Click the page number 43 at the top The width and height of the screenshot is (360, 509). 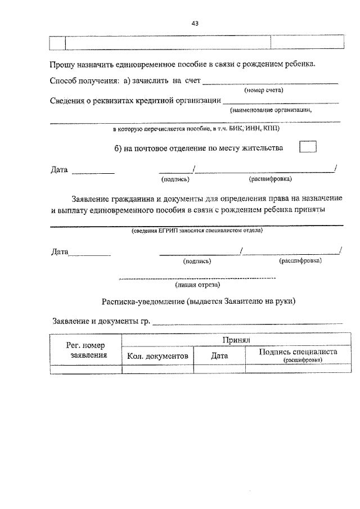195,23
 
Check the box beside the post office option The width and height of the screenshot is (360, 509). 308,147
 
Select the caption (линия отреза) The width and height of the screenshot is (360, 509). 197,285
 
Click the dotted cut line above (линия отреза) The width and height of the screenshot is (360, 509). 197,278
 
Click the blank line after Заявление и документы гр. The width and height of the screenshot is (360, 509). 247,323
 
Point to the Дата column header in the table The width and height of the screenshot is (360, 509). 219,355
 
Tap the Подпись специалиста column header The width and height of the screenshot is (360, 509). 298,352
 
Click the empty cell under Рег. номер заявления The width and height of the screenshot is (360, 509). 85,369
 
